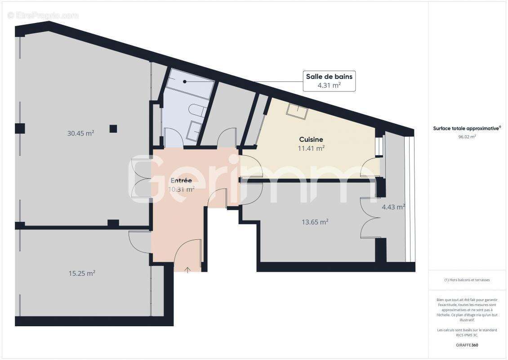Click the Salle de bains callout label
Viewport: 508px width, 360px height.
coord(329,76)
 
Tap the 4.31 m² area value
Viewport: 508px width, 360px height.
coord(329,85)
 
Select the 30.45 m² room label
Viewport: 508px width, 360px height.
coord(80,133)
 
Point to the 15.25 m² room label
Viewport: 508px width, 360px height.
coord(81,273)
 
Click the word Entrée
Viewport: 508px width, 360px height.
coord(181,180)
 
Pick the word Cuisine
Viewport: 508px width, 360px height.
coord(311,139)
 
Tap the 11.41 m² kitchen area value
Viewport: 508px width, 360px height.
coord(312,148)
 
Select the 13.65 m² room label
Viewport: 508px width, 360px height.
coord(314,221)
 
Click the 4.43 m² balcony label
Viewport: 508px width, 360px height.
coord(393,207)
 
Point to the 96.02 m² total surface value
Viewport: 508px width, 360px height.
coord(467,137)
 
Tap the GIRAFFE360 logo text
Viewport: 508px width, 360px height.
coord(467,345)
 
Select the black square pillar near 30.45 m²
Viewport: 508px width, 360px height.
coord(113,129)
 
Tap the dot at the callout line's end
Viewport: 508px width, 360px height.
coord(184,82)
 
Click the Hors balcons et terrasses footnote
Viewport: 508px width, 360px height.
coord(467,280)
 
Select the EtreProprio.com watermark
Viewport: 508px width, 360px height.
coord(43,15)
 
